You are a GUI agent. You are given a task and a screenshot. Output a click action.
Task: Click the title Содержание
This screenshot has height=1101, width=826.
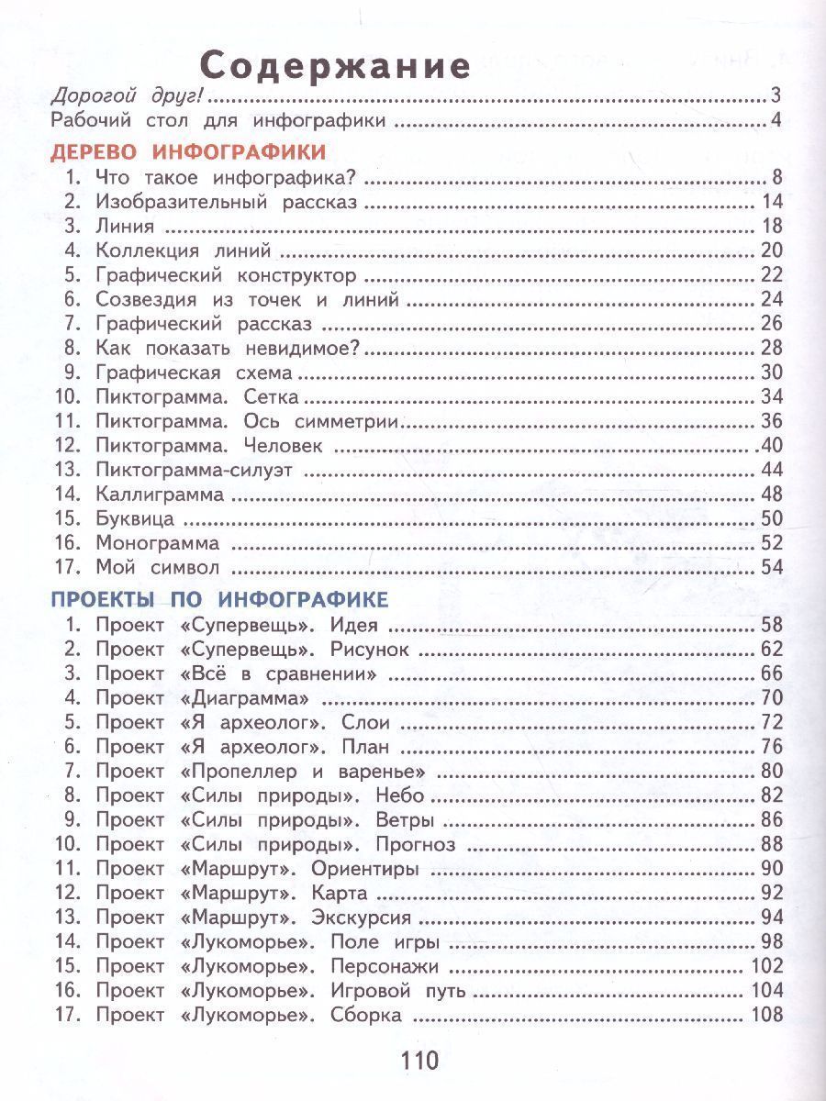point(336,67)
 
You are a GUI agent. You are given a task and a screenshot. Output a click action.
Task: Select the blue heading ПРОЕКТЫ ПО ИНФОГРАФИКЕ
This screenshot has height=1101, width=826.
point(219,600)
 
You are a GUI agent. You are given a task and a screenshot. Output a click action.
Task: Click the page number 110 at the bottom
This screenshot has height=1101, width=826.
point(419,1061)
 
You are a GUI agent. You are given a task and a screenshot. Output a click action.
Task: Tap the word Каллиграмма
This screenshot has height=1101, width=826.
point(160,495)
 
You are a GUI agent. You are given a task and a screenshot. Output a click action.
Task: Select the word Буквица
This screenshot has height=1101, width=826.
point(134,518)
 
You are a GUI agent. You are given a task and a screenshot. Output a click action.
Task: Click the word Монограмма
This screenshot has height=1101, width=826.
point(157,543)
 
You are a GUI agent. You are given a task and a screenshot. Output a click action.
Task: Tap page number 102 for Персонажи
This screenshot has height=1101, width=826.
point(766,966)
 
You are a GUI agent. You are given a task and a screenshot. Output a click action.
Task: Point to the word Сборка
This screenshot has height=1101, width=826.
point(367,1015)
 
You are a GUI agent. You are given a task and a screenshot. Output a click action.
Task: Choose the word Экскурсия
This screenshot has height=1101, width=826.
point(362,917)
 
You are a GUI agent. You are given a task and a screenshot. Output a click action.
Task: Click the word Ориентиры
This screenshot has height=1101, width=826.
point(365,869)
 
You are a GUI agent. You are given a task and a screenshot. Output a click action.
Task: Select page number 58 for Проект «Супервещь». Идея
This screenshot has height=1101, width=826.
point(772,627)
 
